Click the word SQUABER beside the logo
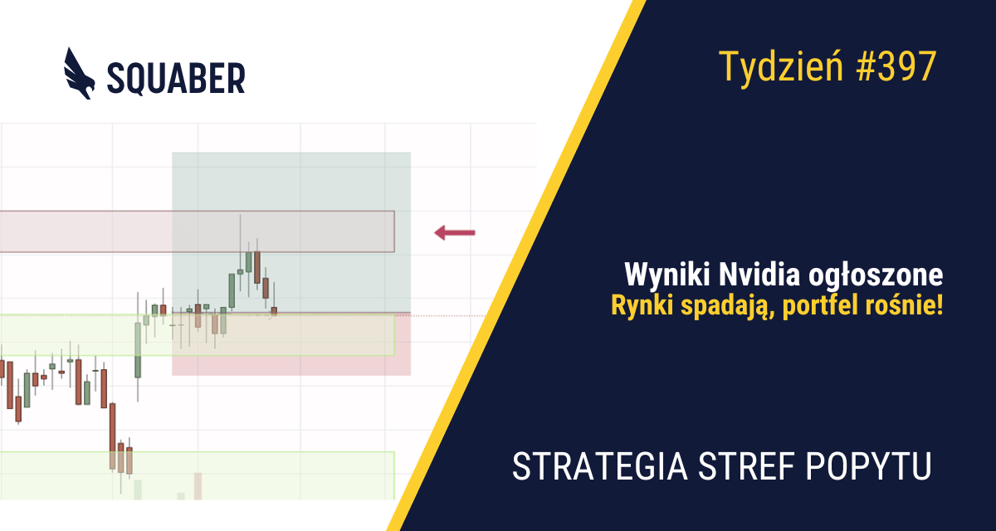(176, 78)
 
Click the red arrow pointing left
(455, 233)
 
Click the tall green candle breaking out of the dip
(138, 348)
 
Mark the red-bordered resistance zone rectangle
(83, 231)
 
